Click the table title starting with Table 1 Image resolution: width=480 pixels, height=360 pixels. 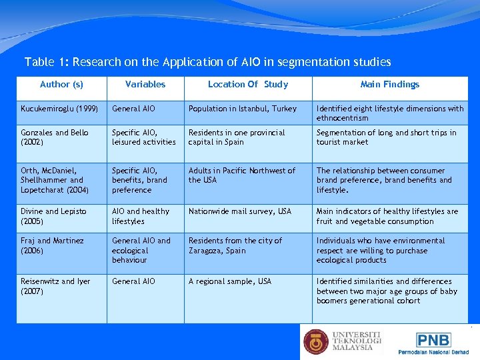tap(207, 62)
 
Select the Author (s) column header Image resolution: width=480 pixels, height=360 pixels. tap(61, 84)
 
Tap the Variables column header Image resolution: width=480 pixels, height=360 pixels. tap(145, 84)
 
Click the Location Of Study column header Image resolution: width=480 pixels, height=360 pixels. tap(247, 84)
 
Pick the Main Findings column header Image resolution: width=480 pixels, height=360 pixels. tap(389, 84)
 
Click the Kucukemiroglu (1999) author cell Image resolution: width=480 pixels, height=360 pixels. tap(59, 109)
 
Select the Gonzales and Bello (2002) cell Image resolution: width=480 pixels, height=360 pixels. tap(55, 137)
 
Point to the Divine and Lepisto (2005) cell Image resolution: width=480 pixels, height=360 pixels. tap(54, 216)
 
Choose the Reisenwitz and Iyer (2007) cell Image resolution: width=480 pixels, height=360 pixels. tap(55, 286)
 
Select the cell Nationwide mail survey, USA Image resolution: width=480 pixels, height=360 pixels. tap(240, 211)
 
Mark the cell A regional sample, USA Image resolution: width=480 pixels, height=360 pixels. tap(230, 281)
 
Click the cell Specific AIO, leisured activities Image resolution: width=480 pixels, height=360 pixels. tap(144, 137)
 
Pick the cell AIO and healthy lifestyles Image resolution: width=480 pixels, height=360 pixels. tap(141, 216)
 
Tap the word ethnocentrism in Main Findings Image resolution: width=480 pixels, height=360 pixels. tap(342, 118)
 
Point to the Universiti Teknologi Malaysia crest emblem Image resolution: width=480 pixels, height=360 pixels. tap(316, 341)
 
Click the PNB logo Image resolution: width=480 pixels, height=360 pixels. tap(433, 340)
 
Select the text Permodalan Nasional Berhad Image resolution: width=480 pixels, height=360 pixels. tap(433, 352)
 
